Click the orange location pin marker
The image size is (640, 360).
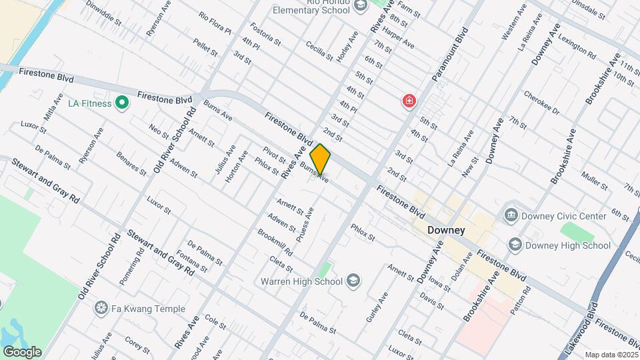pyautogui.click(x=320, y=160)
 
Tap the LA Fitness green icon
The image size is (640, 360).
pyautogui.click(x=121, y=103)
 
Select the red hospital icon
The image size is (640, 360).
pyautogui.click(x=409, y=101)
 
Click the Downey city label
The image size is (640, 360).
pyautogui.click(x=446, y=230)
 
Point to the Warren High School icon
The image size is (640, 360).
pyautogui.click(x=353, y=281)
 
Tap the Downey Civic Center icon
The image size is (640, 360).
pyautogui.click(x=511, y=215)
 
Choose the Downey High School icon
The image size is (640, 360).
pyautogui.click(x=515, y=245)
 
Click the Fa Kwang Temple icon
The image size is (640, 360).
pyautogui.click(x=101, y=308)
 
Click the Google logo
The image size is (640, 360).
pyautogui.click(x=22, y=352)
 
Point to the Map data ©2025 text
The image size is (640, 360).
pyautogui.click(x=611, y=355)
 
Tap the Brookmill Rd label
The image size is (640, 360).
pyautogui.click(x=275, y=243)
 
